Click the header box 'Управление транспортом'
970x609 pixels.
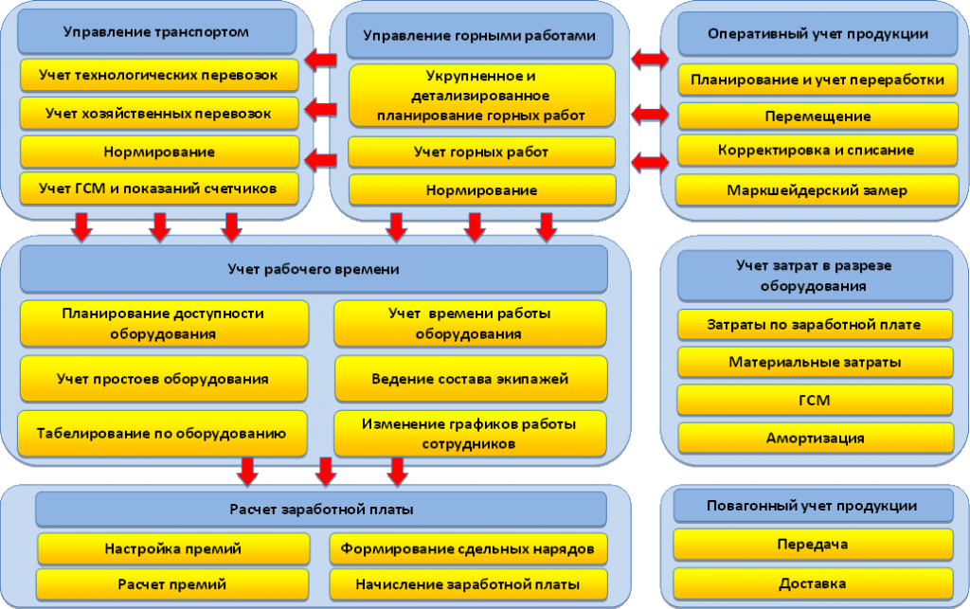(x=156, y=31)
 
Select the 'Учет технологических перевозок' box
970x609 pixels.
(x=159, y=76)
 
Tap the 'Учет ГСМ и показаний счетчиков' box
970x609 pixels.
(x=159, y=188)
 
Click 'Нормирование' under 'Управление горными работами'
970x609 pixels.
(x=482, y=190)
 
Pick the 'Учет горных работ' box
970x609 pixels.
(x=482, y=152)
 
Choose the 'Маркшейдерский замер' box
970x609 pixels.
(x=817, y=190)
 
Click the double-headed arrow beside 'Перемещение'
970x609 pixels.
(x=650, y=115)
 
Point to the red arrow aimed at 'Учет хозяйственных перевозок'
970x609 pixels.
(x=320, y=111)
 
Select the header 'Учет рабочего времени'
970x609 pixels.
(x=314, y=269)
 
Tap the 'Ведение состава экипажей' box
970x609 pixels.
(x=470, y=379)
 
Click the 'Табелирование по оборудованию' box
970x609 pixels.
(x=162, y=434)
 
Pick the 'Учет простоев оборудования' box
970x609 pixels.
(x=163, y=379)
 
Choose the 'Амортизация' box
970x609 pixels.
(x=816, y=439)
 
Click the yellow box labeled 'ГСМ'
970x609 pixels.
(x=815, y=400)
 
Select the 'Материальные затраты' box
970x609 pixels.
(x=815, y=363)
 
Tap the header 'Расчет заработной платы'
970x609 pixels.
(x=321, y=510)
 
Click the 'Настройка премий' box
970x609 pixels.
(x=173, y=549)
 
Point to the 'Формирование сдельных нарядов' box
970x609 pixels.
(x=468, y=549)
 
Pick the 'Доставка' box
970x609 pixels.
(x=813, y=583)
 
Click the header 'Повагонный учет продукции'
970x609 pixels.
(x=813, y=506)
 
